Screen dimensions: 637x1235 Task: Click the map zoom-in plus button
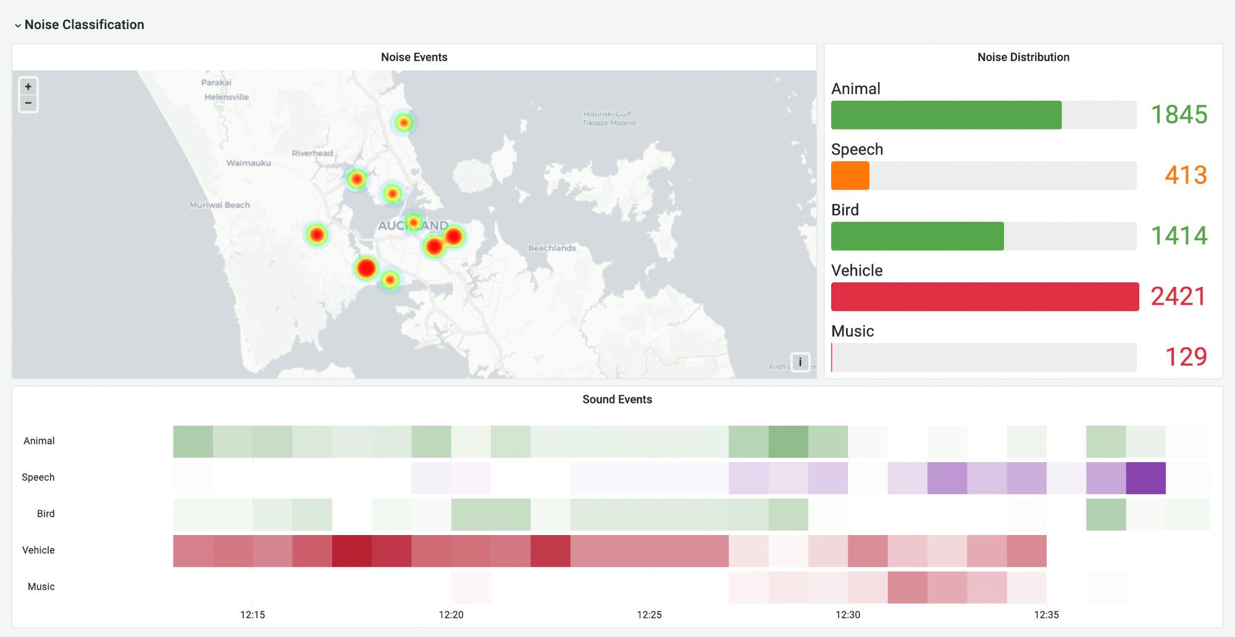point(28,86)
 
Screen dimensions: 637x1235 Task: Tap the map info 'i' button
point(800,362)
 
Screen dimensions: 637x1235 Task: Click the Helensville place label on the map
point(227,97)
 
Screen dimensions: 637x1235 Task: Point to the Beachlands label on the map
point(552,248)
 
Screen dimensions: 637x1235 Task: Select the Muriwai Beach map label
point(220,205)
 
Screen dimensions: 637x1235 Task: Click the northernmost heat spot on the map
point(403,123)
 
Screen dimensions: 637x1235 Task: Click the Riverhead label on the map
point(312,153)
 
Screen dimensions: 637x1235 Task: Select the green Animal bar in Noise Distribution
point(946,115)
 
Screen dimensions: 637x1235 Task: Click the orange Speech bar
point(850,175)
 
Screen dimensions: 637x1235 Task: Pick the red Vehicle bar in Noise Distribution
point(984,297)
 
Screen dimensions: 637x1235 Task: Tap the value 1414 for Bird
point(1179,235)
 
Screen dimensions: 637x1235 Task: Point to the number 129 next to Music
point(1186,356)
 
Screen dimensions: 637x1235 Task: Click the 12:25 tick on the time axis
point(649,615)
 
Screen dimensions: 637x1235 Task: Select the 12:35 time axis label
point(1046,615)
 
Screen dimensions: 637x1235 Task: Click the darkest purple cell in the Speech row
point(1145,478)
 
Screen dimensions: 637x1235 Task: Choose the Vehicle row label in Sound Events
point(38,550)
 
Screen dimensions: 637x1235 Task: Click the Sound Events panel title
point(617,399)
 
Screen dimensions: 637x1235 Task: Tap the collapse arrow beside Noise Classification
point(18,25)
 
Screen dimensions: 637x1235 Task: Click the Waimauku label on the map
point(248,163)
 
